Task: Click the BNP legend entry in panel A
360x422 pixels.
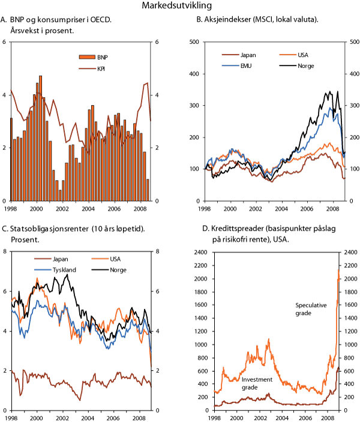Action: (96, 57)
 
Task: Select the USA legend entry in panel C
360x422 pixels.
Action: (109, 260)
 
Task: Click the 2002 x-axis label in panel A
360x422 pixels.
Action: (62, 208)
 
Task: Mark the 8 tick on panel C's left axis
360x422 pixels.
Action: (5, 251)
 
